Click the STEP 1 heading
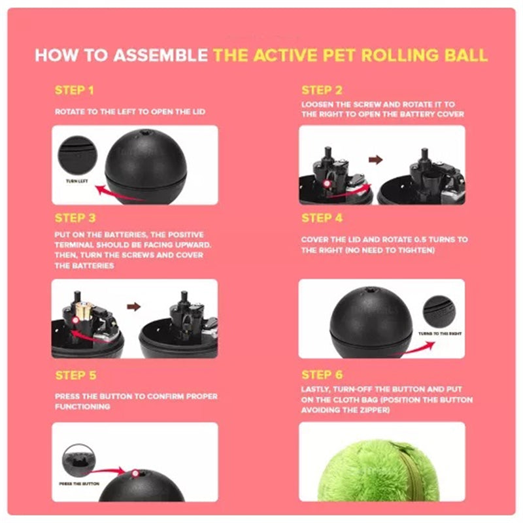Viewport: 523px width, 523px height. pyautogui.click(x=75, y=90)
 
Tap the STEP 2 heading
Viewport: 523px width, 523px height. pyautogui.click(x=322, y=90)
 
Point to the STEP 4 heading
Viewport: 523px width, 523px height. pyautogui.click(x=322, y=218)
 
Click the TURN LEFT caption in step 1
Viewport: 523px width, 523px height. pyautogui.click(x=77, y=180)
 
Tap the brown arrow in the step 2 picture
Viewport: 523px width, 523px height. pyautogui.click(x=375, y=159)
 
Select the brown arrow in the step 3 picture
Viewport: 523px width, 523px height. pyautogui.click(x=135, y=305)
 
